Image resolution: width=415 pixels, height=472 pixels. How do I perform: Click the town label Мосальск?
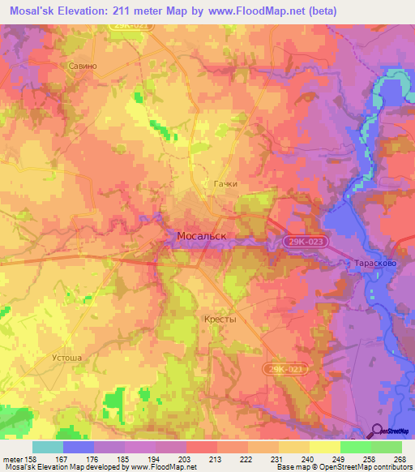pos(201,236)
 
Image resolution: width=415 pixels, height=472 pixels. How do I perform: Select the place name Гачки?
pos(225,184)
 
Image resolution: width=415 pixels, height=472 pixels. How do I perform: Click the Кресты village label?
pos(218,320)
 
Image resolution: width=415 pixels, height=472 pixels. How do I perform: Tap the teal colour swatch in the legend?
pos(47,447)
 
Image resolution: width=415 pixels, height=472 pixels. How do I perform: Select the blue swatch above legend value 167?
pos(78,447)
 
